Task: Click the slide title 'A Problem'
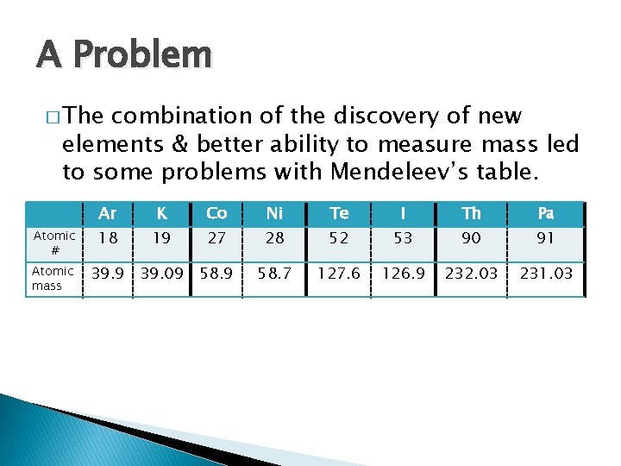pos(124,55)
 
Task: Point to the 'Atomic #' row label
pos(53,242)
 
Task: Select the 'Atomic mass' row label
pos(53,278)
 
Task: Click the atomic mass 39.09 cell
pos(161,274)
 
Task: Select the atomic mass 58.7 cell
pos(275,274)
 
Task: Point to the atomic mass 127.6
pos(339,274)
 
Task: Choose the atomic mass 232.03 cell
pos(471,274)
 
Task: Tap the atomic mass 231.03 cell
pos(545,274)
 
